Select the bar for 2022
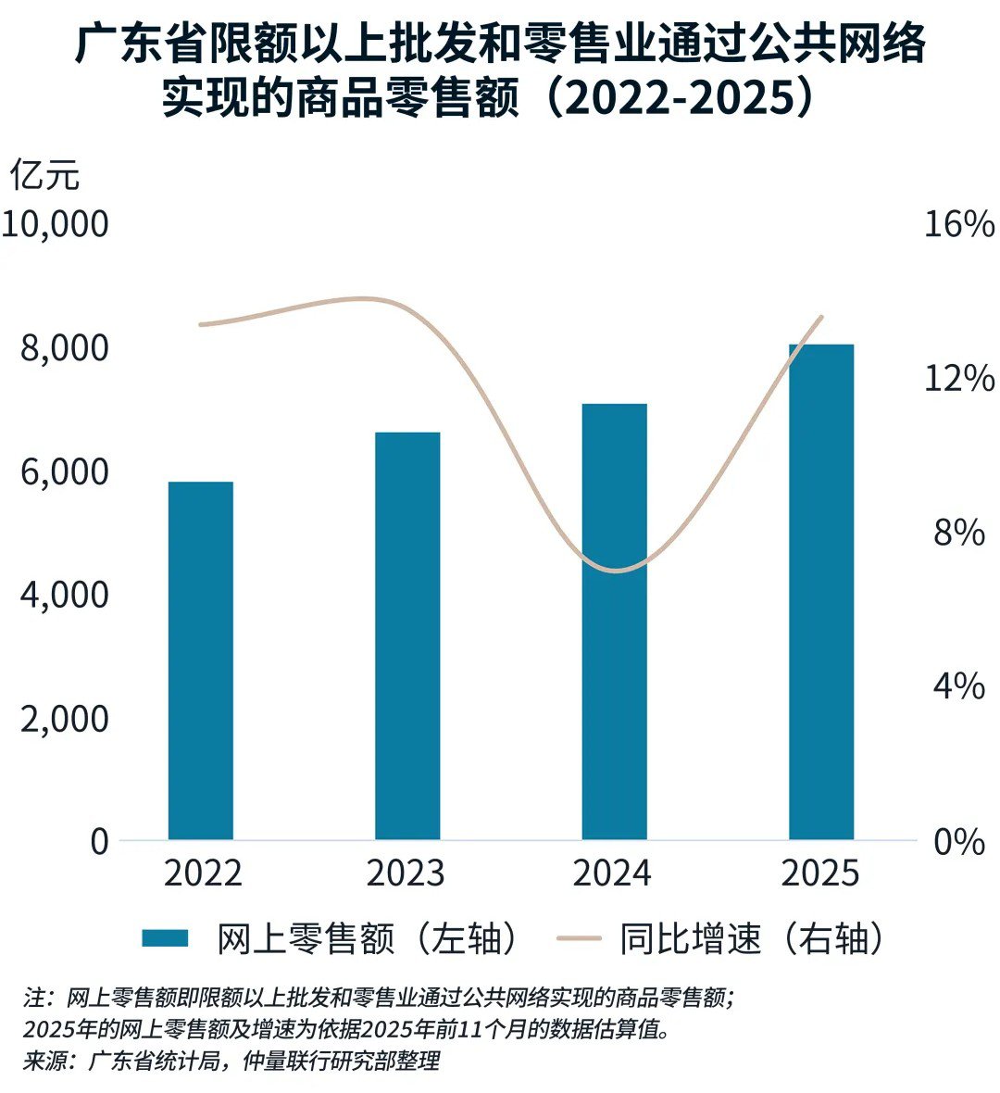pyautogui.click(x=200, y=660)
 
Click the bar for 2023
pyautogui.click(x=407, y=635)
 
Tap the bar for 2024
pyautogui.click(x=614, y=622)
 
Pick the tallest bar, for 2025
pyautogui.click(x=821, y=592)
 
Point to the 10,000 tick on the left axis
pyautogui.click(x=56, y=224)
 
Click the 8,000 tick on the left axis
pyautogui.click(x=64, y=348)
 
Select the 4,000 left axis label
pyautogui.click(x=64, y=595)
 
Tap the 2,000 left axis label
pyautogui.click(x=64, y=719)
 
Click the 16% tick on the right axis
pyautogui.click(x=958, y=224)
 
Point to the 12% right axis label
pyautogui.click(x=958, y=379)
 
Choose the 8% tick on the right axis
pyautogui.click(x=958, y=533)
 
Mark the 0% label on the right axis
pyautogui.click(x=958, y=842)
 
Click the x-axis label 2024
pyautogui.click(x=612, y=873)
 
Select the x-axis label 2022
pyautogui.click(x=203, y=873)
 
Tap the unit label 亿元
pyautogui.click(x=44, y=175)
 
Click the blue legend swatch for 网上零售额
pyautogui.click(x=165, y=938)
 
